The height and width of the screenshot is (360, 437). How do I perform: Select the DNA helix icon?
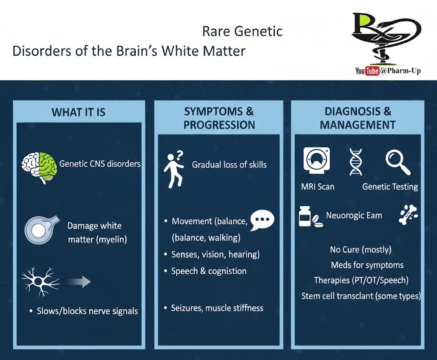point(355,162)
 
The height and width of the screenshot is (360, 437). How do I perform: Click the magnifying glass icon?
point(398,163)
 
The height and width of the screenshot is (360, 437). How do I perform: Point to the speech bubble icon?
point(262,220)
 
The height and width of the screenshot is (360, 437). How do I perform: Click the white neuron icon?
point(40,281)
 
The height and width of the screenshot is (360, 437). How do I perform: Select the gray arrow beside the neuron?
point(79,281)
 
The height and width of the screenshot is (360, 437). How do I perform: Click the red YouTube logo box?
point(372,71)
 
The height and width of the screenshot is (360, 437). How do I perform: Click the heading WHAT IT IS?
point(79,112)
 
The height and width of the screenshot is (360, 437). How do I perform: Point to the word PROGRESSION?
point(219,125)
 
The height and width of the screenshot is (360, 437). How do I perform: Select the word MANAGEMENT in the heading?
point(358,125)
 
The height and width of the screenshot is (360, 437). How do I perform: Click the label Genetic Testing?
point(390,187)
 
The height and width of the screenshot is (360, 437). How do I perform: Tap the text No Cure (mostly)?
point(361,249)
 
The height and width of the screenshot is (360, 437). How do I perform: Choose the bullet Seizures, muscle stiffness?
point(217,308)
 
